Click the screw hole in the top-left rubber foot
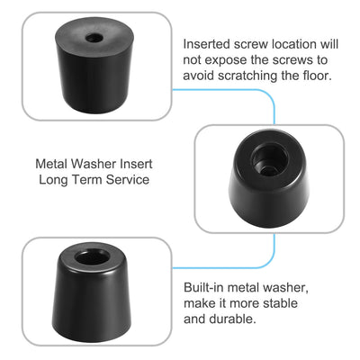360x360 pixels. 94,41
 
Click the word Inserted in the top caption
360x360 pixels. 209,43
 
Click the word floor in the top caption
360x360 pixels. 319,76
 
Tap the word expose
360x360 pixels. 231,59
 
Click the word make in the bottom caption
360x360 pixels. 201,302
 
